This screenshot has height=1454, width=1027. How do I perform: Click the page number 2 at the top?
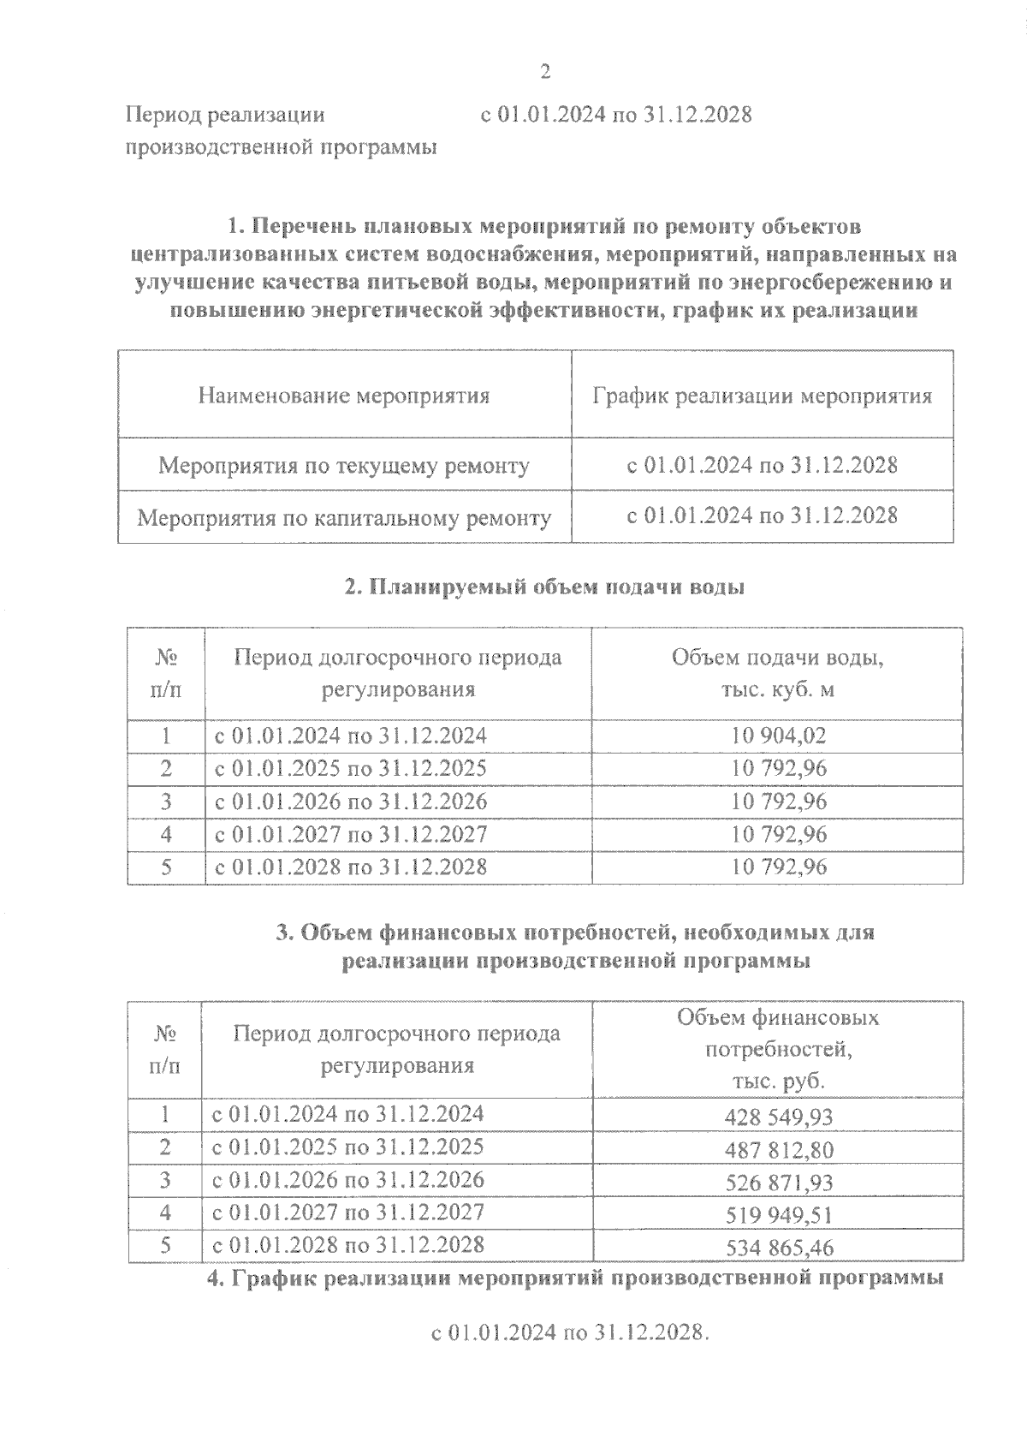[545, 73]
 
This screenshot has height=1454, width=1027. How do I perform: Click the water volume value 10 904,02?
[779, 736]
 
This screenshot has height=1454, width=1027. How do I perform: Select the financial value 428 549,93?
[779, 1117]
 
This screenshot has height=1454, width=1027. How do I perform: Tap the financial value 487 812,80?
[779, 1149]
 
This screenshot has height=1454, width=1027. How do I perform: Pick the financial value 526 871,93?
[779, 1182]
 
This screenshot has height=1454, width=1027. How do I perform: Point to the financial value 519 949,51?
[779, 1214]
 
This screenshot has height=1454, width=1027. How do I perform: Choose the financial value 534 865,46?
[779, 1248]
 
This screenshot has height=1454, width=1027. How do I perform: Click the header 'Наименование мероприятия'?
[344, 396]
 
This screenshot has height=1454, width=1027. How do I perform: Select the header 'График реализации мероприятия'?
[762, 396]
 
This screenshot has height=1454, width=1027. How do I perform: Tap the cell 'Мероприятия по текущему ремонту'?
[344, 466]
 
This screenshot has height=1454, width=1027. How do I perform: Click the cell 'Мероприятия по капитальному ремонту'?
[344, 518]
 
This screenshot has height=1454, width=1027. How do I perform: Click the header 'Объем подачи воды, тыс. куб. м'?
[777, 673]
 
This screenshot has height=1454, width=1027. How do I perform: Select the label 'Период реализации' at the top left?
[225, 114]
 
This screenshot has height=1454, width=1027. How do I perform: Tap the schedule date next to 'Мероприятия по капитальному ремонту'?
[762, 515]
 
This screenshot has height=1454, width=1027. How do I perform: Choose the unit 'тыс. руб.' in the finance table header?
[778, 1081]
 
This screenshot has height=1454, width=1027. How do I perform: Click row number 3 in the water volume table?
[166, 801]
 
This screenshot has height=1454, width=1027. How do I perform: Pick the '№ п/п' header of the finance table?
[165, 1049]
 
